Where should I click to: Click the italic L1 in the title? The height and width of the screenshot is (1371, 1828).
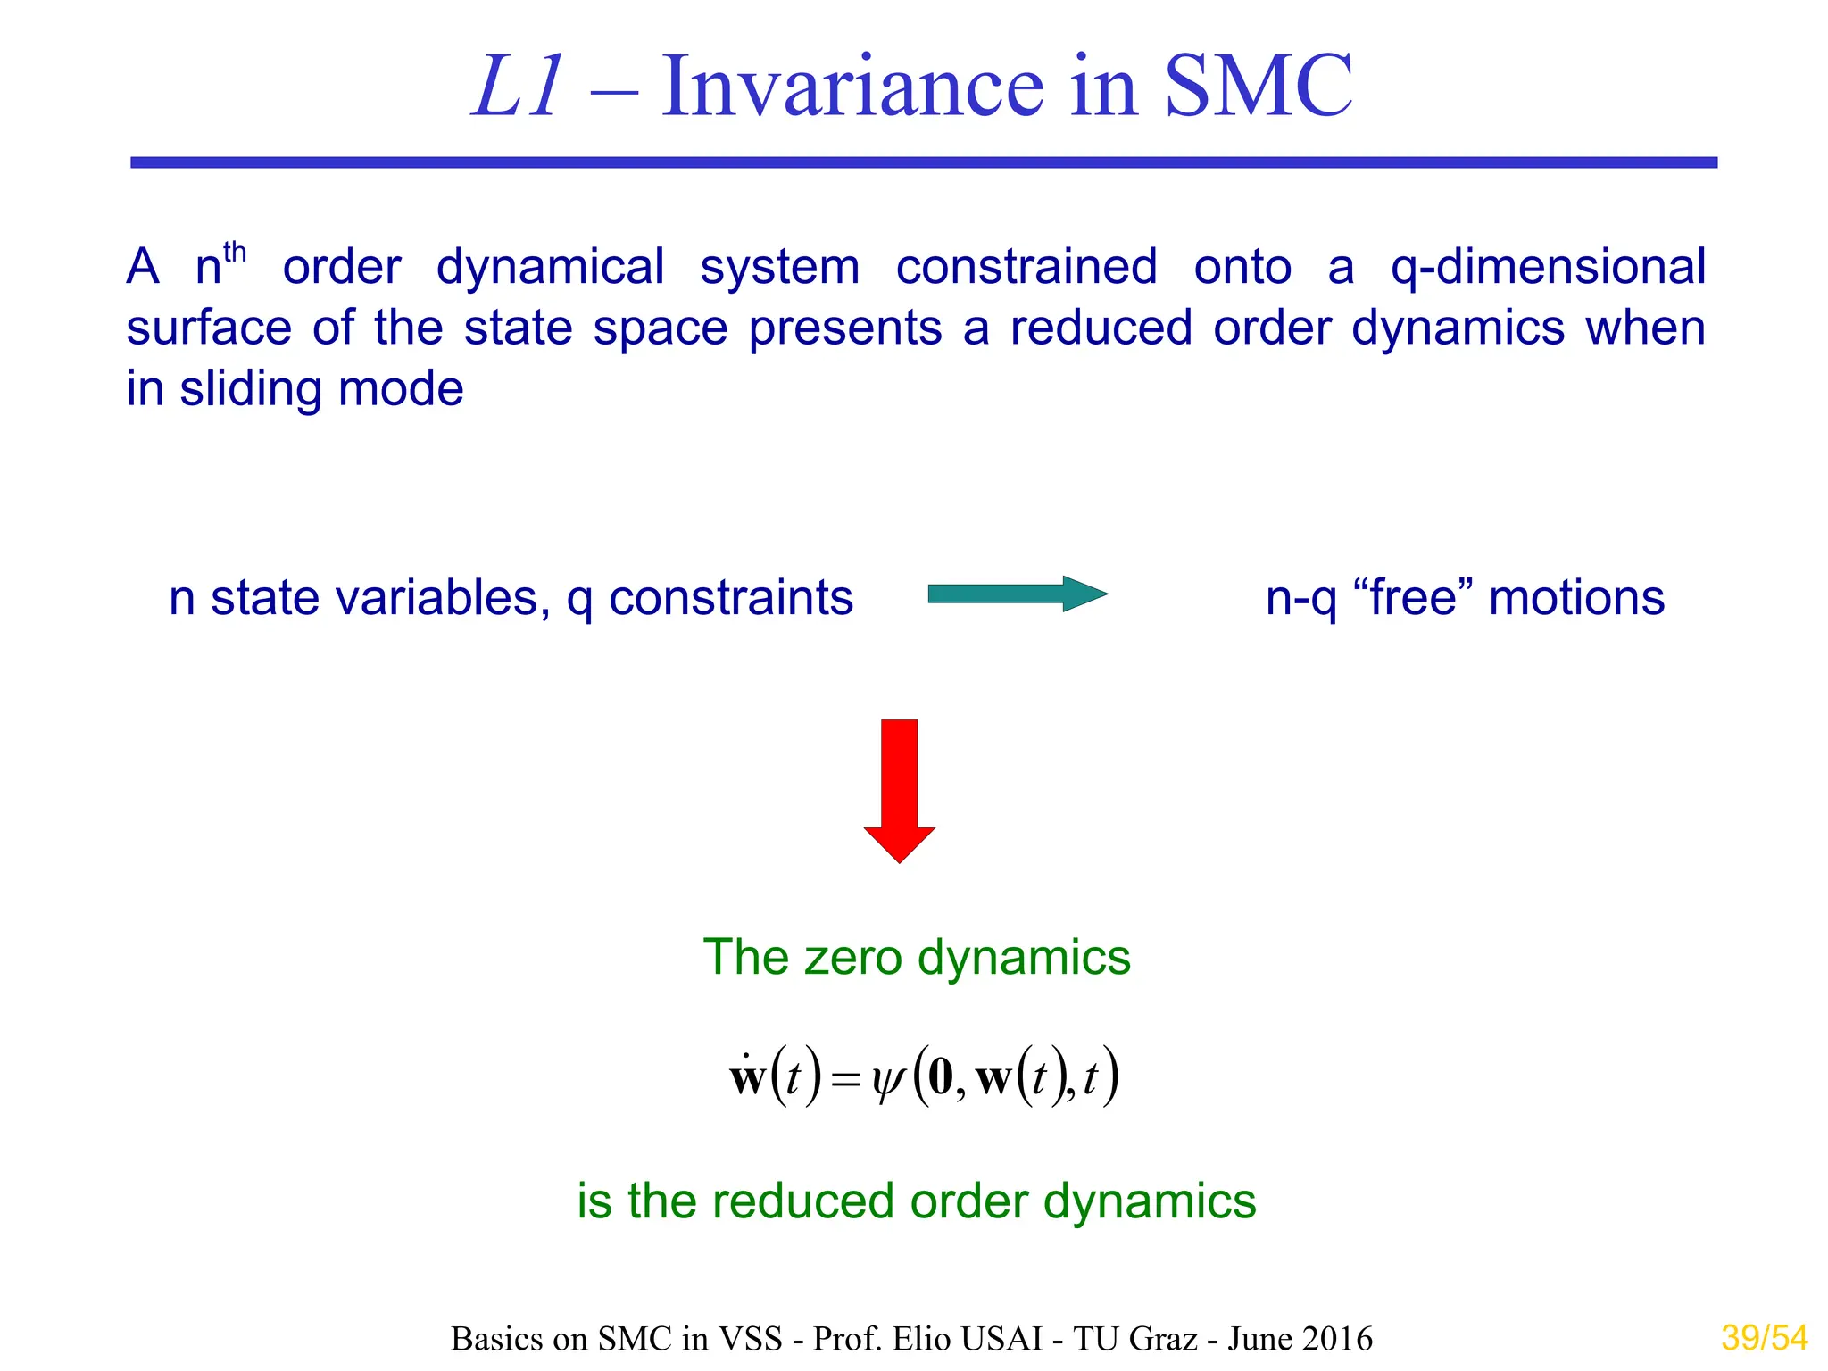pyautogui.click(x=518, y=87)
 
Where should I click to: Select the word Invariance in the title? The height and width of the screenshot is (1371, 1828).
pyautogui.click(x=852, y=87)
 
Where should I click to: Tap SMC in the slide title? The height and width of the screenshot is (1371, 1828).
pyautogui.click(x=1259, y=87)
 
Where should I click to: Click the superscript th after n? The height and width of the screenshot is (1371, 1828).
pyautogui.click(x=235, y=253)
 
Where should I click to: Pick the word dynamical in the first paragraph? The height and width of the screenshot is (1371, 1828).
pyautogui.click(x=550, y=268)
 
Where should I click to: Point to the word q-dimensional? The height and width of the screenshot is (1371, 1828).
pyautogui.click(x=1549, y=268)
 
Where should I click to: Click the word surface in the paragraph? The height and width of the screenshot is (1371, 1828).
pyautogui.click(x=209, y=328)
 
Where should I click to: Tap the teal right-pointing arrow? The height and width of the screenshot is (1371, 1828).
pyautogui.click(x=1018, y=594)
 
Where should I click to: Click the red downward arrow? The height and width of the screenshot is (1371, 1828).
pyautogui.click(x=900, y=790)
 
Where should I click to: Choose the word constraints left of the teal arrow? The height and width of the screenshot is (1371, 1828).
pyautogui.click(x=730, y=598)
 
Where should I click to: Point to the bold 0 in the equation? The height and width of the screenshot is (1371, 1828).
pyautogui.click(x=941, y=1078)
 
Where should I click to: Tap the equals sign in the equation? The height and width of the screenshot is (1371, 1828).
pyautogui.click(x=844, y=1082)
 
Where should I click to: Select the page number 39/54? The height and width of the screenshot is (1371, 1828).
pyautogui.click(x=1764, y=1338)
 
